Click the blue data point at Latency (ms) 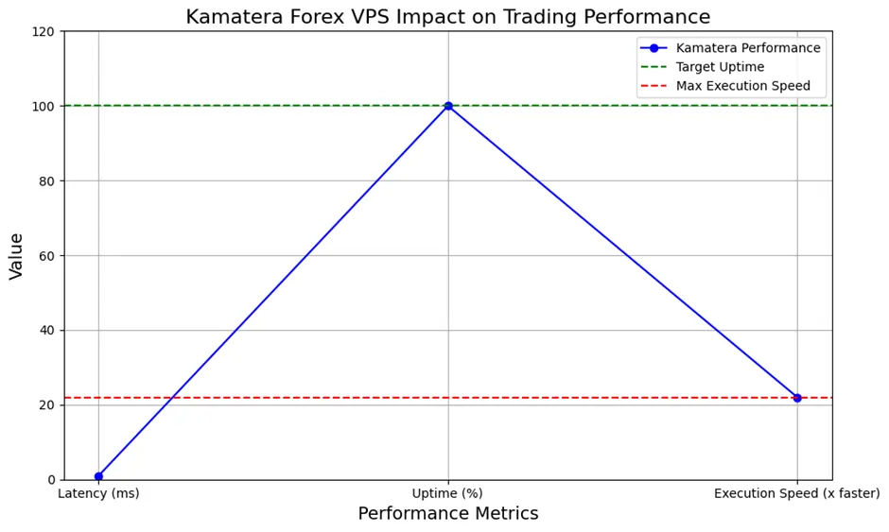98,476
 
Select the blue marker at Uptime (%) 448,106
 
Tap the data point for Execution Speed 797,398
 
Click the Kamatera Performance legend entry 748,48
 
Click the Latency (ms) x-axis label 98,493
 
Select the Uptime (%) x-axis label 448,493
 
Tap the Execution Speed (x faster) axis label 797,493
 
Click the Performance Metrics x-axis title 448,514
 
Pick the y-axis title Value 17,255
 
